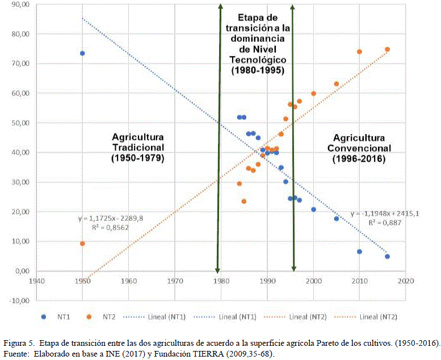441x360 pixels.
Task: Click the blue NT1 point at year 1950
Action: [82, 53]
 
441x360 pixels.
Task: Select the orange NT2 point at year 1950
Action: [82, 243]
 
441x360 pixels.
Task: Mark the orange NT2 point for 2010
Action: [359, 52]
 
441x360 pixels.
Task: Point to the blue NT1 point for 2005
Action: [336, 218]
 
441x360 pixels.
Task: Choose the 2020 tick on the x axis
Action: [405, 281]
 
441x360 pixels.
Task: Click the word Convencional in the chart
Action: [359, 149]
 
